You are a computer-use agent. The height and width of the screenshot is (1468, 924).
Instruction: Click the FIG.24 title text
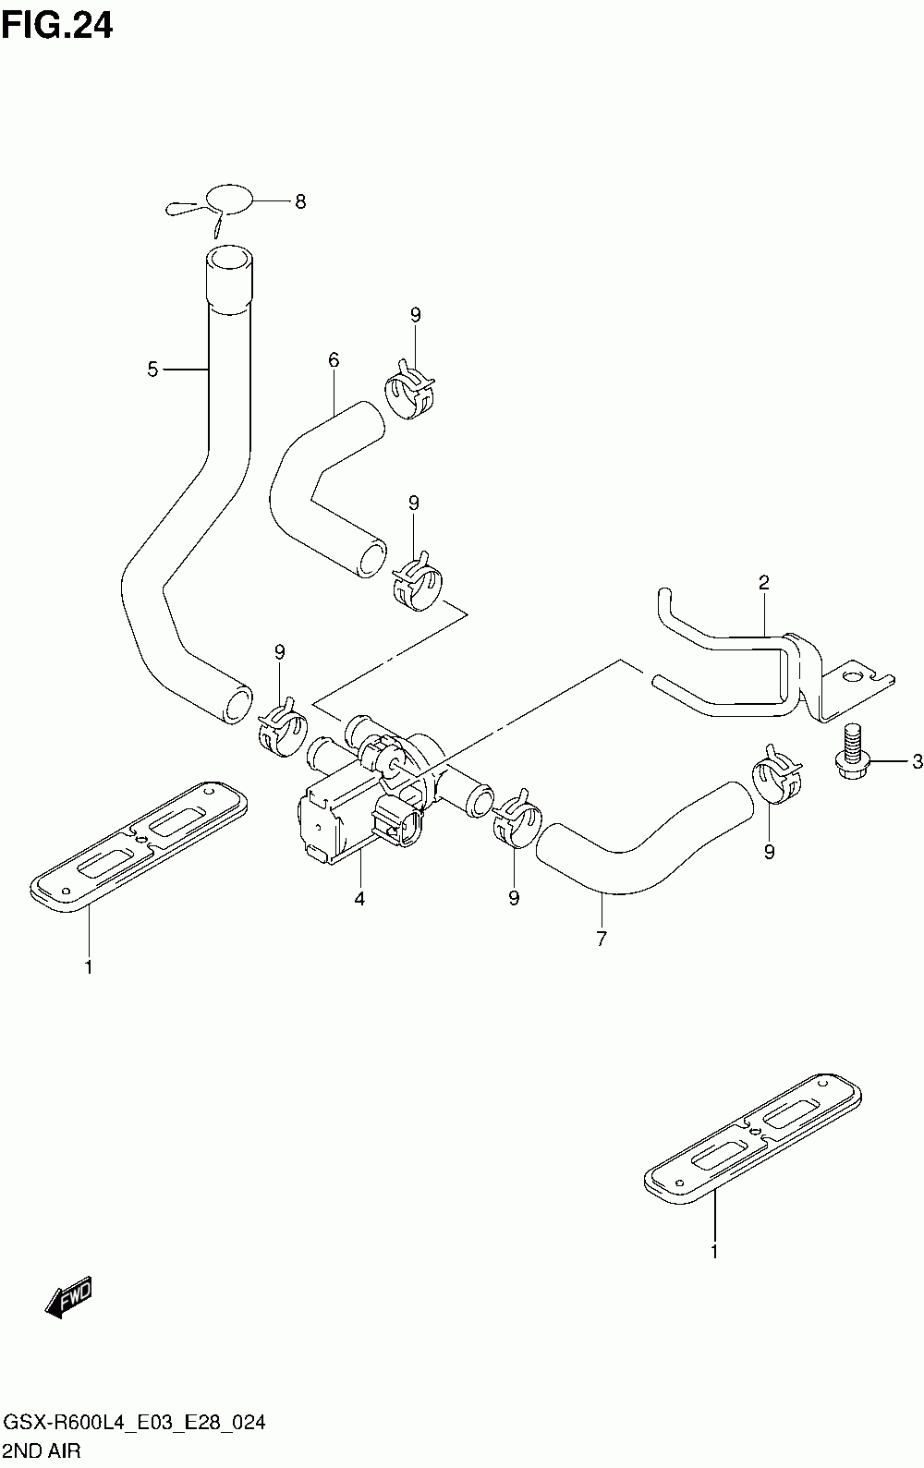[57, 26]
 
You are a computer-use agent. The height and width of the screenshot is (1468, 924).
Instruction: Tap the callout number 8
[300, 201]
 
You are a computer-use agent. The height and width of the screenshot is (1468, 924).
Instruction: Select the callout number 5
[152, 370]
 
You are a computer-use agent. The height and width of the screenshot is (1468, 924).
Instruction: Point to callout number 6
[334, 359]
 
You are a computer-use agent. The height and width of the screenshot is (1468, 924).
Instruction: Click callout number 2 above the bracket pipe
[763, 582]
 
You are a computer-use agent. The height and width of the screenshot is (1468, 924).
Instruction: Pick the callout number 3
[917, 761]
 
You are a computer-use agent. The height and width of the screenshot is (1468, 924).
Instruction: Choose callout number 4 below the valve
[359, 899]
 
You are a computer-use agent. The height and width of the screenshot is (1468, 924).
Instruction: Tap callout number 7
[602, 939]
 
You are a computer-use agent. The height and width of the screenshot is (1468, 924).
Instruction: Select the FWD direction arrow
[68, 1296]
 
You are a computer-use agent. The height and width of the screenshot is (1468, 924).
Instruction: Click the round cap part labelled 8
[229, 197]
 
